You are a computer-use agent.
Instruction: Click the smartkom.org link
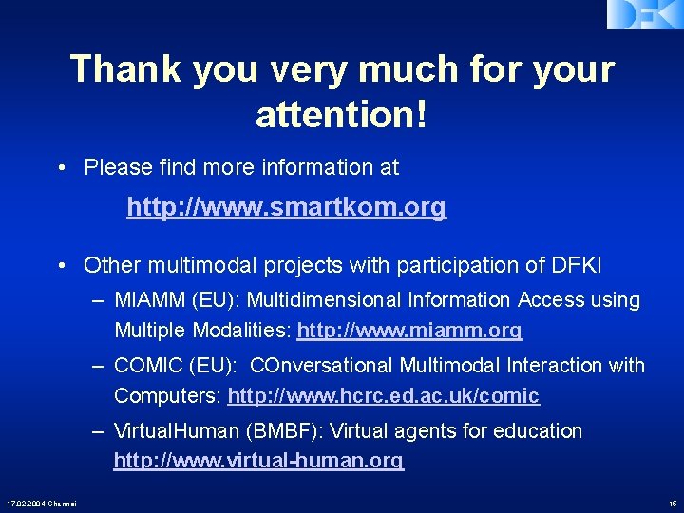(286, 206)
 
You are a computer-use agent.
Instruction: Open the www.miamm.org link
(409, 331)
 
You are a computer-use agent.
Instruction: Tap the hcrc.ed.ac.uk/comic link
(383, 395)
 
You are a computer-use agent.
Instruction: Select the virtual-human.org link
(258, 461)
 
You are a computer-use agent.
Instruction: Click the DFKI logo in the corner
(644, 13)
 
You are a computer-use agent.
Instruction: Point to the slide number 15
(672, 503)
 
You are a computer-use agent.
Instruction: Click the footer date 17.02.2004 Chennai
(41, 503)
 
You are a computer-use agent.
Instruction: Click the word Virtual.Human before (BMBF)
(177, 431)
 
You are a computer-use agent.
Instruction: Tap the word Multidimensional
(326, 300)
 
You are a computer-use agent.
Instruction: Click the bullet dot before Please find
(60, 168)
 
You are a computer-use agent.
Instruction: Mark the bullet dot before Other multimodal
(60, 264)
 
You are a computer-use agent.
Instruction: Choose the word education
(535, 431)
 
